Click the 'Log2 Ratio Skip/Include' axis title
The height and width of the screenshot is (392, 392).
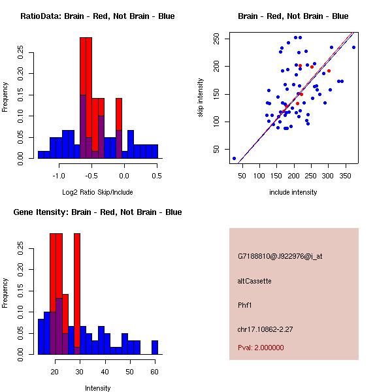tap(97, 191)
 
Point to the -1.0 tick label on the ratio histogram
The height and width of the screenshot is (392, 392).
tap(59, 175)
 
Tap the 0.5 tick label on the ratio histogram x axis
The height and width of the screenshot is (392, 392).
tap(156, 175)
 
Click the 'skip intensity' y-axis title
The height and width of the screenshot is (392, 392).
tap(202, 97)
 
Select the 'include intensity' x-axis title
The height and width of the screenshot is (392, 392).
tap(293, 192)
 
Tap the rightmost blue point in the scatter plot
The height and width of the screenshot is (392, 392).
tap(353, 47)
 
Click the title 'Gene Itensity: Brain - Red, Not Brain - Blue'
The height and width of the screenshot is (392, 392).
tap(97, 212)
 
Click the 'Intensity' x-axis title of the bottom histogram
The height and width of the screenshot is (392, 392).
tap(97, 388)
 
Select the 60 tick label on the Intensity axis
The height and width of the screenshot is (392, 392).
tap(154, 371)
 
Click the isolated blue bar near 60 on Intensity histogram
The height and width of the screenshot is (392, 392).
tap(155, 347)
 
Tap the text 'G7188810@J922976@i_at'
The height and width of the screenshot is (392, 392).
tap(280, 256)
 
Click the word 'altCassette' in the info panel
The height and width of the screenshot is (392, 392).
tap(254, 281)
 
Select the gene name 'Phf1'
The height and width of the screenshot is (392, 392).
tap(245, 304)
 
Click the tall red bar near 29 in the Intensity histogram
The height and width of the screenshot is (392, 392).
tap(77, 294)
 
